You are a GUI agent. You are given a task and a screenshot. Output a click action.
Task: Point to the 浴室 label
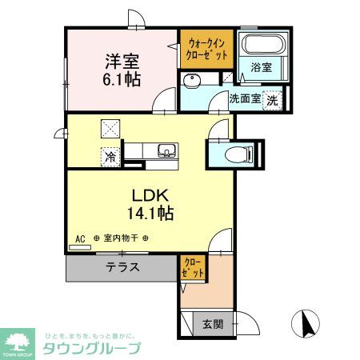pyautogui.click(x=261, y=69)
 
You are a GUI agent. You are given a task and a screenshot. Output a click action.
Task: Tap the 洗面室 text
pyautogui.click(x=245, y=100)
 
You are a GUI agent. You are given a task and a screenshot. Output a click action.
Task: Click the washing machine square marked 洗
pyautogui.click(x=274, y=100)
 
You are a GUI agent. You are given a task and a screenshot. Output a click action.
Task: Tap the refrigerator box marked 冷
pyautogui.click(x=110, y=157)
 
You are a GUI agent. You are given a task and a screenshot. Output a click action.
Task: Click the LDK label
pyautogui.click(x=148, y=195)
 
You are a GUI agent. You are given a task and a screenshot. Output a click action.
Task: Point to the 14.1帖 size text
pyautogui.click(x=149, y=214)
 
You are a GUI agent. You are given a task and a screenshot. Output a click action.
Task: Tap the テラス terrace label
pyautogui.click(x=122, y=268)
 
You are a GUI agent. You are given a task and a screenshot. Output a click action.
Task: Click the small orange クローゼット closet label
pyautogui.click(x=192, y=267)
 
